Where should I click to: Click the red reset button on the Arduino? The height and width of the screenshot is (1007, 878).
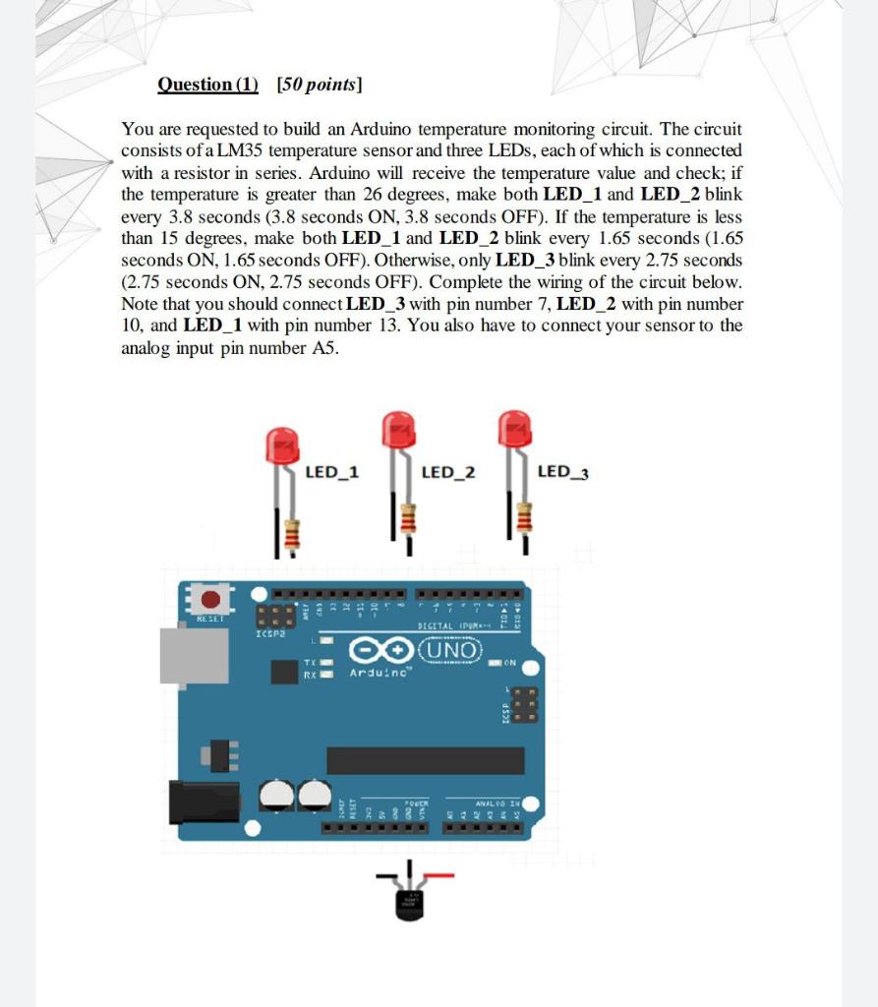(x=209, y=599)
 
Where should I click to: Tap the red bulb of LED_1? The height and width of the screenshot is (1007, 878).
(x=282, y=445)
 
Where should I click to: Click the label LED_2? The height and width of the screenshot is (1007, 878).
(x=447, y=473)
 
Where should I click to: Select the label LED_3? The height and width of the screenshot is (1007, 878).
(x=563, y=473)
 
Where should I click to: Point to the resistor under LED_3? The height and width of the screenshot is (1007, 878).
(x=524, y=514)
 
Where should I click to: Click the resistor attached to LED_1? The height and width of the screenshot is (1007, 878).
(x=291, y=534)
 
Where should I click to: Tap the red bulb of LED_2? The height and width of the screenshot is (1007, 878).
(x=399, y=430)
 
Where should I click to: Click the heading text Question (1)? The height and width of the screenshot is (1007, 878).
(x=207, y=85)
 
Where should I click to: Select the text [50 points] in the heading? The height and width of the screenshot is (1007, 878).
(x=320, y=85)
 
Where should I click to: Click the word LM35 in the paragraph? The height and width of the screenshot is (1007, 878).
(x=237, y=150)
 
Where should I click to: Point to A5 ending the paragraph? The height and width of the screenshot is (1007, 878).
(x=324, y=347)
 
